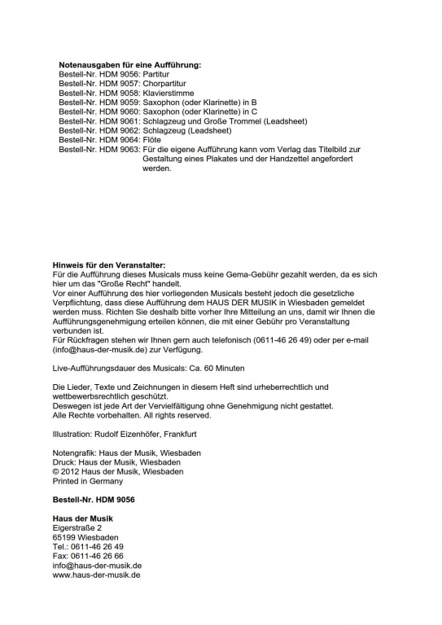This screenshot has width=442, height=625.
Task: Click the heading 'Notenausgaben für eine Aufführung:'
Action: pos(129,64)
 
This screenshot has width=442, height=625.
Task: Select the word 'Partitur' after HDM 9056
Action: pos(158,73)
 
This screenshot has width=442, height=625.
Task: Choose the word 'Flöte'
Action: pos(153,140)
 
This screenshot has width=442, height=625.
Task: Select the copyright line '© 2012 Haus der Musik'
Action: pos(117,471)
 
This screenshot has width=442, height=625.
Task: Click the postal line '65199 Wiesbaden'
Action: pos(85,538)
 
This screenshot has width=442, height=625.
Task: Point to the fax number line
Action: pos(88,557)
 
